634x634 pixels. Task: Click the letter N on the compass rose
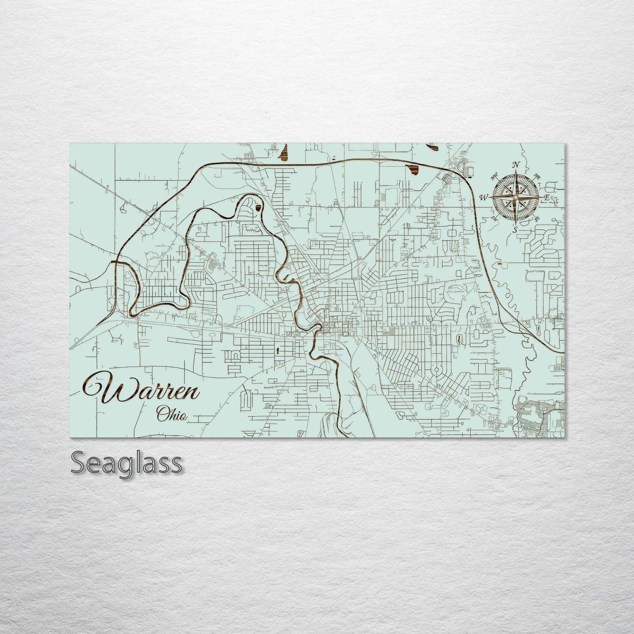click(516, 165)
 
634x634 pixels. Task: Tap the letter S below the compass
click(516, 229)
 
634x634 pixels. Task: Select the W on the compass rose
click(484, 197)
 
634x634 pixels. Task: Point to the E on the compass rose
click(547, 197)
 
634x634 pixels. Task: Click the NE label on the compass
click(536, 176)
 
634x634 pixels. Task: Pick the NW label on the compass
click(494, 177)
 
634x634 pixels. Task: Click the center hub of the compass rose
click(516, 197)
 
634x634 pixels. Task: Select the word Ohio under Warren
click(172, 413)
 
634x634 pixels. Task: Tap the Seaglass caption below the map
click(126, 463)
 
